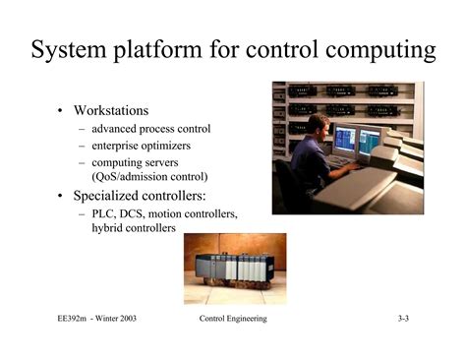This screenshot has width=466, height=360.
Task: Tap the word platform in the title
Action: pos(164,50)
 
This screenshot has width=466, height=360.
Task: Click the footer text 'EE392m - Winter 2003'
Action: pos(96,320)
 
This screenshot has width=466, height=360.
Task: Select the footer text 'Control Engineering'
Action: pos(232,320)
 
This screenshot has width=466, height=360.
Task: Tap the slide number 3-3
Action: pos(403,320)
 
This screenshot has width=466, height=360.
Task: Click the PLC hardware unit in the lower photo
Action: pos(230,269)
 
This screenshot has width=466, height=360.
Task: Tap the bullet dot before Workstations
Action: pos(61,110)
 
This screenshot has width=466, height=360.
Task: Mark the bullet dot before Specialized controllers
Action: pos(61,196)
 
